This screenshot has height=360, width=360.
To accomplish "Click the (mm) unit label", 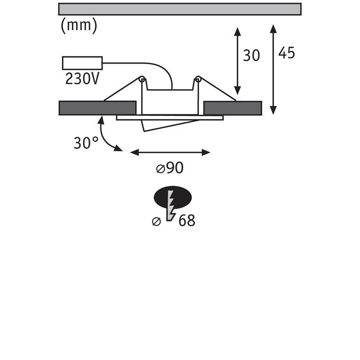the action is (79, 25).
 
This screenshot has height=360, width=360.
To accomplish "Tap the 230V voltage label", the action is (82, 79).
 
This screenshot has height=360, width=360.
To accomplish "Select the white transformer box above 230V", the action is (82, 63).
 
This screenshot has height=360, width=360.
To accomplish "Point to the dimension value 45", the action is (287, 53).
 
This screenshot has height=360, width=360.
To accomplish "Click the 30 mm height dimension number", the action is (251, 55).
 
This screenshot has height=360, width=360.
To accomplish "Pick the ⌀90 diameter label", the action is (170, 168).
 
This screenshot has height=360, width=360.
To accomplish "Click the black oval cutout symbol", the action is (173, 197).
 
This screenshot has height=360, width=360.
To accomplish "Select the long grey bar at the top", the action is (180, 9).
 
